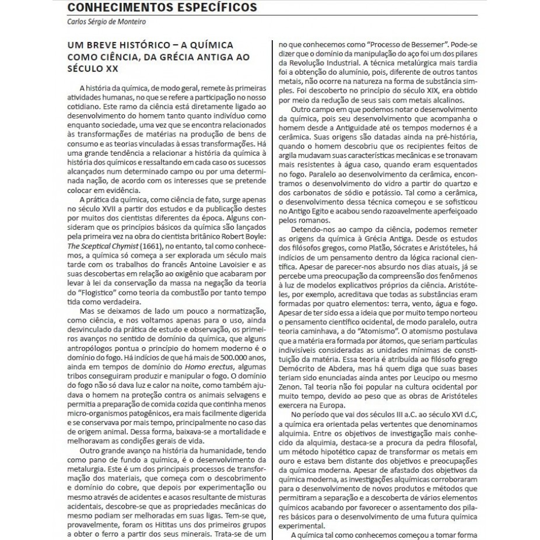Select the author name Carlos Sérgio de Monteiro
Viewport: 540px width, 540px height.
coord(107,22)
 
